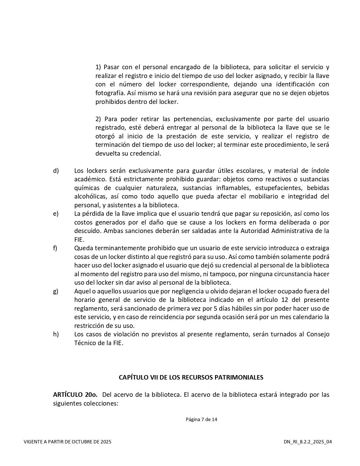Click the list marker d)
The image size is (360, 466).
click(56, 171)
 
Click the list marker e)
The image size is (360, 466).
click(56, 214)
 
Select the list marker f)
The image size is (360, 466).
click(55, 248)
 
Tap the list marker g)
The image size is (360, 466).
click(56, 291)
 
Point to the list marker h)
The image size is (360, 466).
click(56, 334)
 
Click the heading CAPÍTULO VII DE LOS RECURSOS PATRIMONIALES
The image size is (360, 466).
click(191, 378)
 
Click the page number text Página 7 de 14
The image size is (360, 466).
click(201, 419)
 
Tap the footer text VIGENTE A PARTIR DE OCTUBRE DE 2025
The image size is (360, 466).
click(67, 442)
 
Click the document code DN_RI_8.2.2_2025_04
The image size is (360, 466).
click(308, 442)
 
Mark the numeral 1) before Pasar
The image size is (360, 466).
click(98, 67)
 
